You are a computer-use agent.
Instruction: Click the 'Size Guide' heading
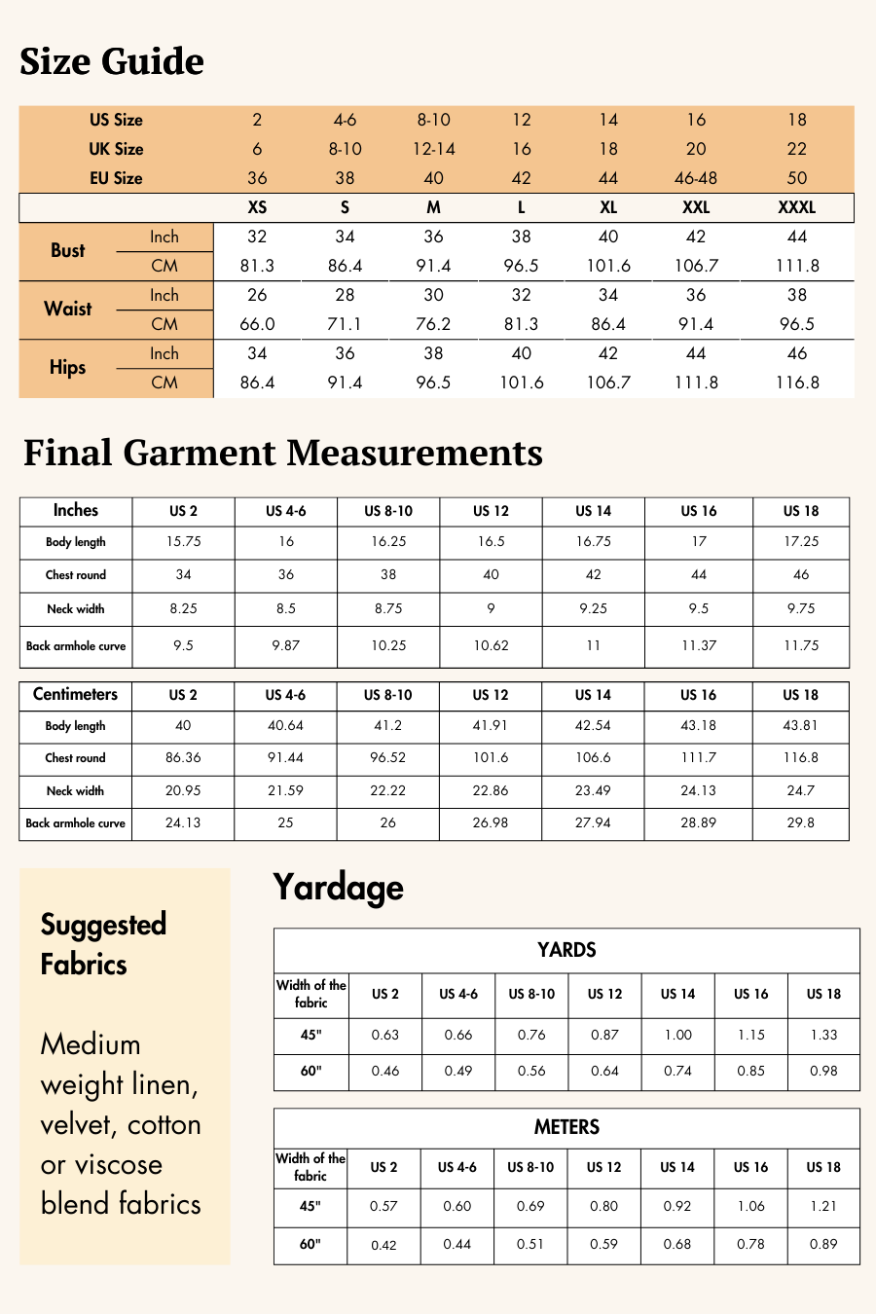point(112,61)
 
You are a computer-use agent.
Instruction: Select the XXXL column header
point(796,207)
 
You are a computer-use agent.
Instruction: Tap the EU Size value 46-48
point(696,178)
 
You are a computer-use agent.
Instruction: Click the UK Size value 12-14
point(433,149)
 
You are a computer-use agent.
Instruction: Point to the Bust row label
point(68,250)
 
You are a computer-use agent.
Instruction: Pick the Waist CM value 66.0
point(257,324)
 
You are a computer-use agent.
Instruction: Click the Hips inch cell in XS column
point(257,353)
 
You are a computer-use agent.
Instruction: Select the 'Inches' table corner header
point(76,510)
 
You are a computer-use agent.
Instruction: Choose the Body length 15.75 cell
point(183,542)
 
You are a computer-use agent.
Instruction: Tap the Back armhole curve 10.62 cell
point(491,645)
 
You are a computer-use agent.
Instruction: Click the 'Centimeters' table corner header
point(75,694)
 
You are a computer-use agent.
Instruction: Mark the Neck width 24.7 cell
point(800,790)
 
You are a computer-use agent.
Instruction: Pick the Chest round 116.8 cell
point(800,757)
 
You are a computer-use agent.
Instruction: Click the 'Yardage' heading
point(338,887)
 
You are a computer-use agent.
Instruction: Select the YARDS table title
point(566,950)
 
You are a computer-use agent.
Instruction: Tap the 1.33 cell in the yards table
point(823,1035)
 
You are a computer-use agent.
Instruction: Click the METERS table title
point(566,1127)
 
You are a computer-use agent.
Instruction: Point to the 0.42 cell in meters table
point(383,1245)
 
